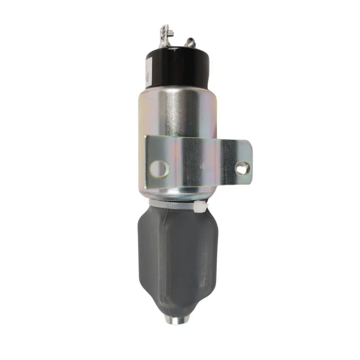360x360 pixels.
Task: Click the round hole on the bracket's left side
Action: click(160, 169)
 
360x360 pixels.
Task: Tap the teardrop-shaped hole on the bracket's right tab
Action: click(242, 168)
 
